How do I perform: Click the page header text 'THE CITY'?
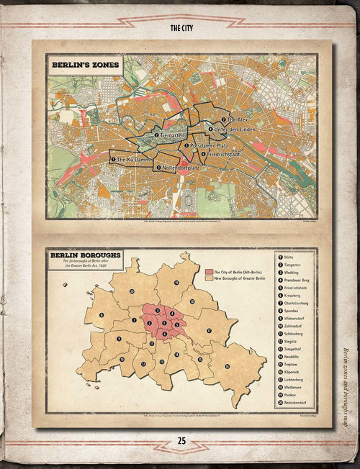[180, 29]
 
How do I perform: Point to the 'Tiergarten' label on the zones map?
[171, 135]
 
